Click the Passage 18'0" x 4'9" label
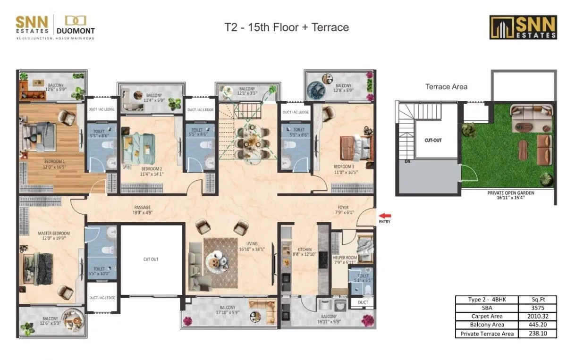pos(142,210)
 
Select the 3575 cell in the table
pos(537,308)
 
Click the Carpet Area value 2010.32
pos(537,317)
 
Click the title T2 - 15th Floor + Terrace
pos(287,27)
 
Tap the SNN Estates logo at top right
pos(523,27)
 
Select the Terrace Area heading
pos(446,87)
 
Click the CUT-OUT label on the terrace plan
pos(433,141)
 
